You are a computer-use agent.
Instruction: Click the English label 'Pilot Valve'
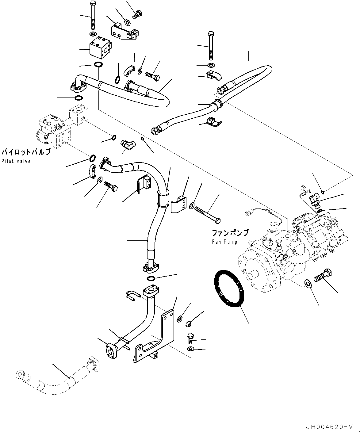pos(16,161)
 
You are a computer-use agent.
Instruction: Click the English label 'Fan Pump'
pos(224,242)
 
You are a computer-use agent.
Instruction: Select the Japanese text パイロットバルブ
pos(25,152)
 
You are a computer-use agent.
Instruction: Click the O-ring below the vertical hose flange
pos(151,278)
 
